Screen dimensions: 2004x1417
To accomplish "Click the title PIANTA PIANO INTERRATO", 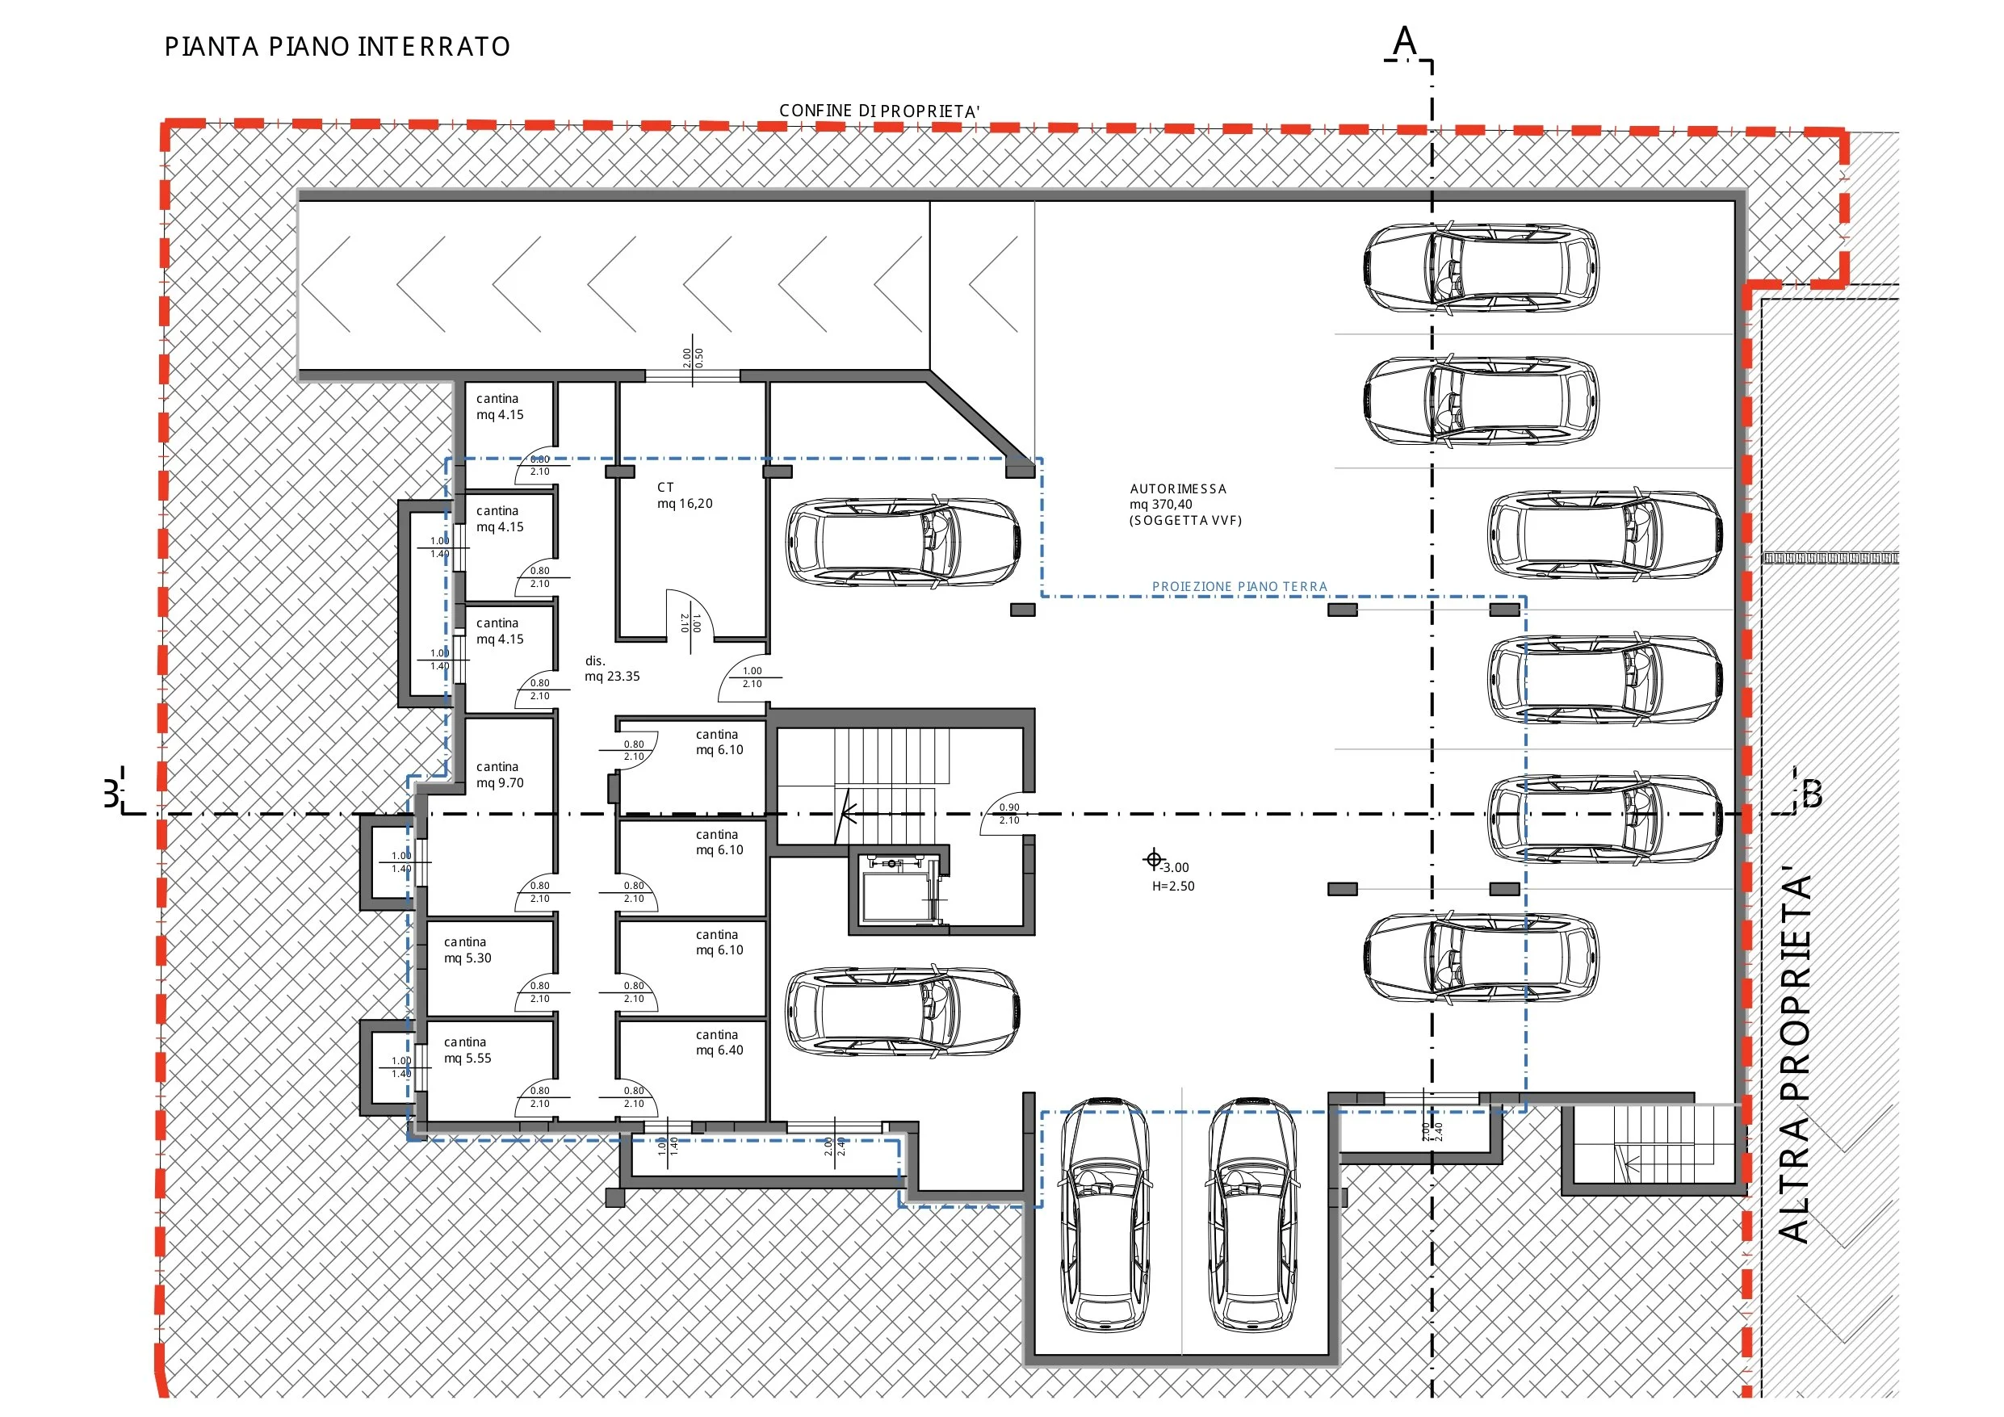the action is [x=337, y=46].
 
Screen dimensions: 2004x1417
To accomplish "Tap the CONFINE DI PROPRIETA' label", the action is [x=879, y=111].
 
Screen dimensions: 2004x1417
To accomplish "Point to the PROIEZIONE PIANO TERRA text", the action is [x=1239, y=587].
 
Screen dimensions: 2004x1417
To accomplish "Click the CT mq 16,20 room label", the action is [x=685, y=495].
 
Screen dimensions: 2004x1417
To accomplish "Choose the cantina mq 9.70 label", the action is [x=499, y=774].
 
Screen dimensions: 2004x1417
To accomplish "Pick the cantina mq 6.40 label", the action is [x=719, y=1042].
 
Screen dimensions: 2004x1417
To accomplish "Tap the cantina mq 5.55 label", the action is [x=467, y=1050].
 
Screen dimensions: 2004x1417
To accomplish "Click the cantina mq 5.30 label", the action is [x=467, y=950].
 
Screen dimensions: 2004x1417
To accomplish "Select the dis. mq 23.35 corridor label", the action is [x=612, y=669].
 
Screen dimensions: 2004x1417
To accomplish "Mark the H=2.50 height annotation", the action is [x=1173, y=887].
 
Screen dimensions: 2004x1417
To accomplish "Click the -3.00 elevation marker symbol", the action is [x=1153, y=860].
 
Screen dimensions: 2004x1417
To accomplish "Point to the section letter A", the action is [x=1404, y=40].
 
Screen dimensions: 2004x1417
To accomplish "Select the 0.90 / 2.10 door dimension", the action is [x=1009, y=814].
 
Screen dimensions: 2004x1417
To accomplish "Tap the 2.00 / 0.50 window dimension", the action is [x=693, y=357].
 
